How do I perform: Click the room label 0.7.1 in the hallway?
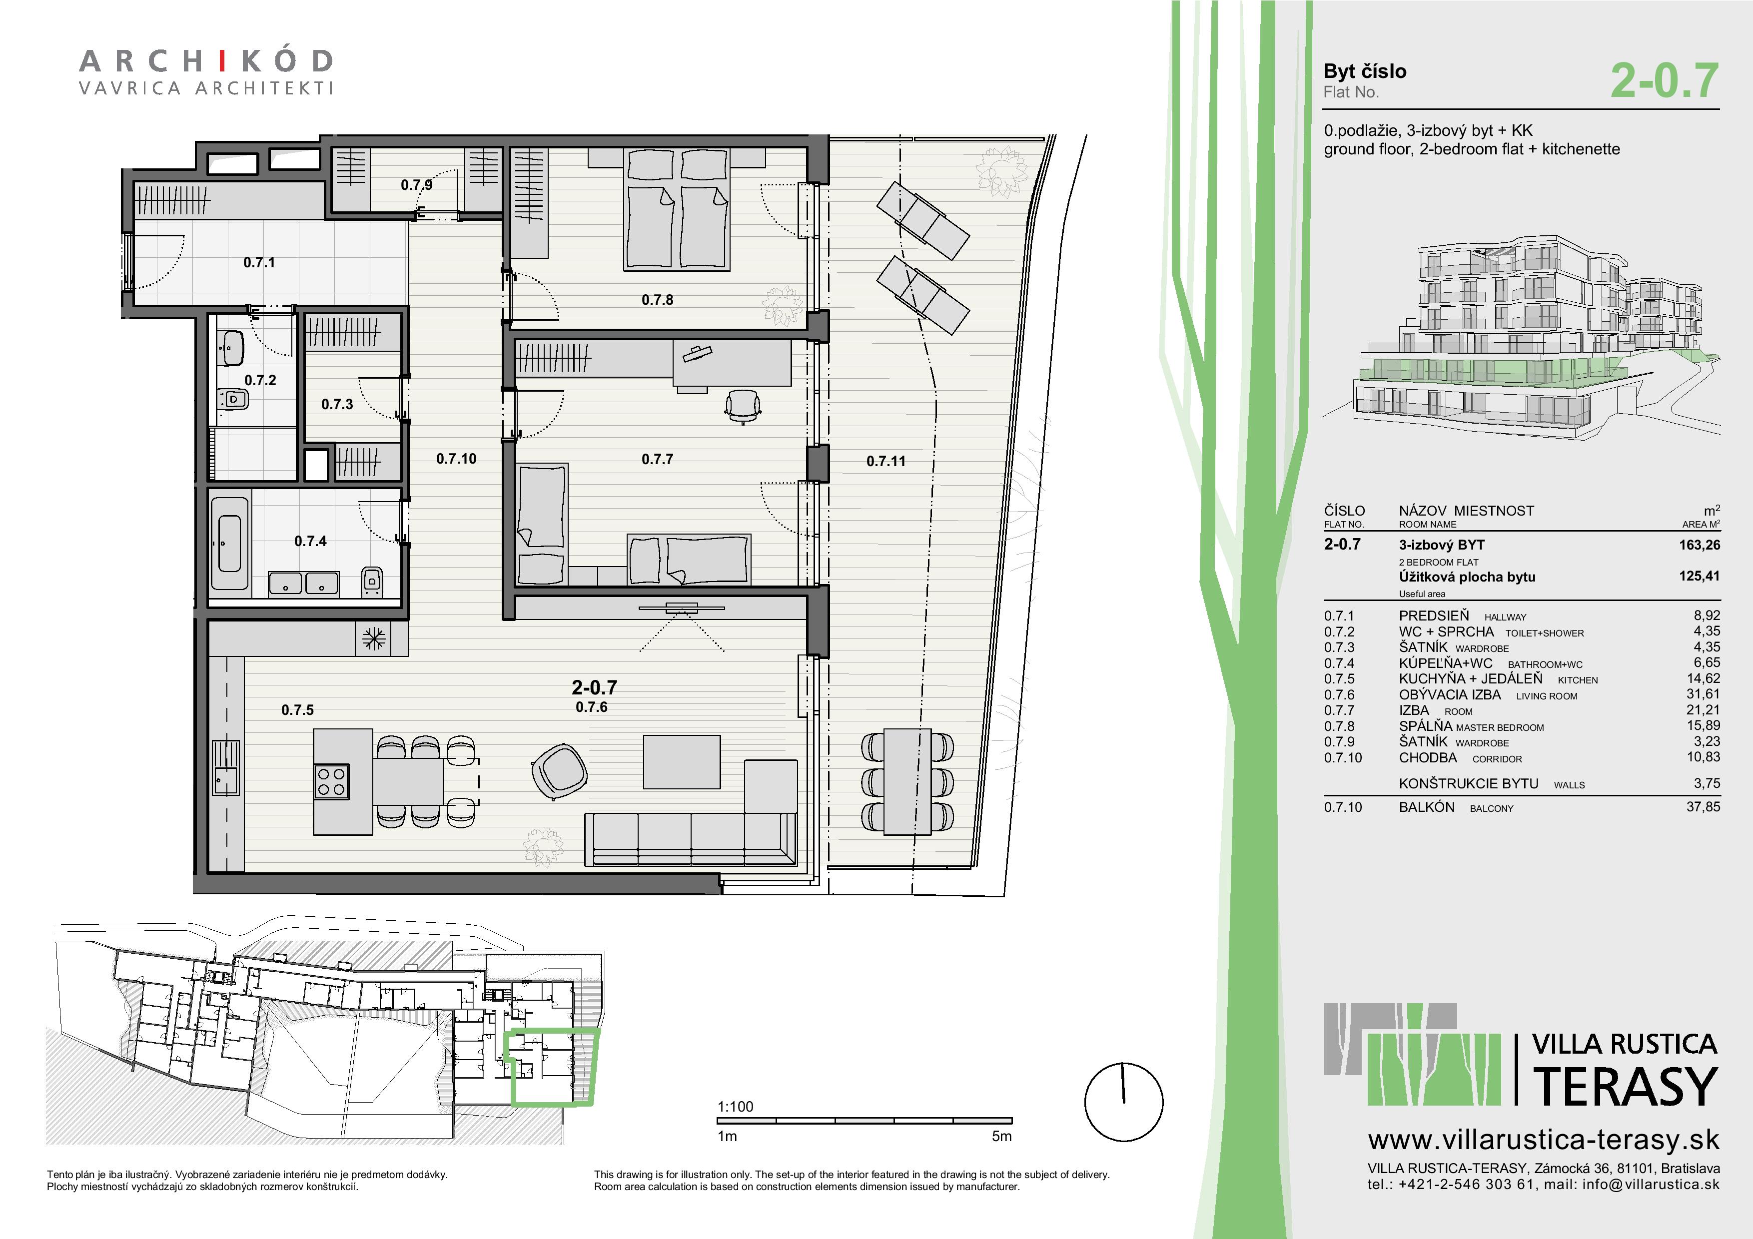[x=259, y=263]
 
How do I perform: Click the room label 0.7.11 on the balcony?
[x=885, y=461]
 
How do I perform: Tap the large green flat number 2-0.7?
[x=1665, y=81]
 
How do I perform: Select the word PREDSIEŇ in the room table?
[x=1434, y=616]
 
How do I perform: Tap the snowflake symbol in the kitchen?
[x=373, y=638]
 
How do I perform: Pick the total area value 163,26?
[x=1699, y=544]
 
